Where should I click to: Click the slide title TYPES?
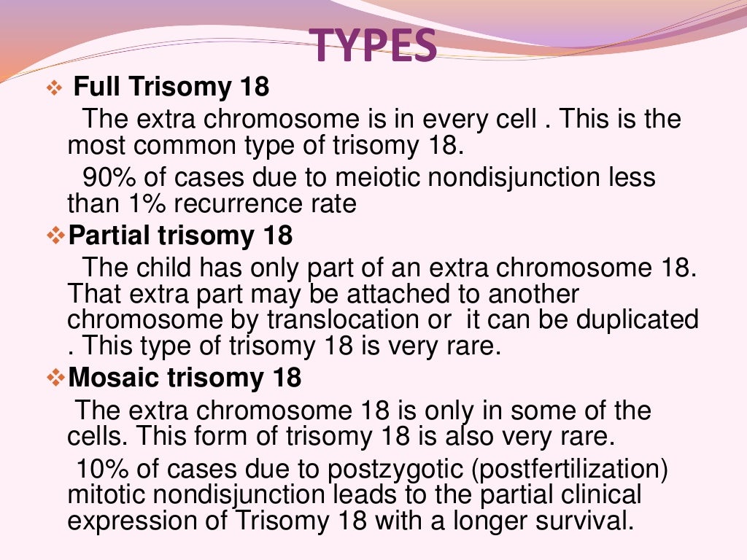coord(374,44)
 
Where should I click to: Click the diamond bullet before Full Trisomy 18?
coord(55,89)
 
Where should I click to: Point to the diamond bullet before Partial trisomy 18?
coord(55,236)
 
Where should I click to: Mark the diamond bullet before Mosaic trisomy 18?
coord(55,378)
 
